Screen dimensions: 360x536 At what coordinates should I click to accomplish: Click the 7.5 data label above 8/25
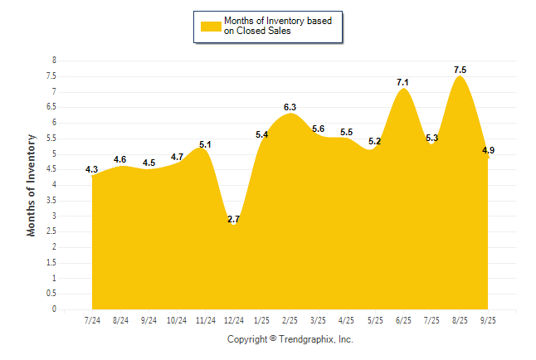coord(460,70)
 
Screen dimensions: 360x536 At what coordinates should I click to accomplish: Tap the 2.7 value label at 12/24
coord(233,219)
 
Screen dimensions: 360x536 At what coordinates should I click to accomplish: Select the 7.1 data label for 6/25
coord(403,82)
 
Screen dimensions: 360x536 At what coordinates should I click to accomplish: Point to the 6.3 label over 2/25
coord(290,107)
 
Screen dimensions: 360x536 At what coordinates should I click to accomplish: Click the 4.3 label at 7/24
coord(92,169)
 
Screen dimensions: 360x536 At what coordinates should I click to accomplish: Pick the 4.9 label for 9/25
coord(488,150)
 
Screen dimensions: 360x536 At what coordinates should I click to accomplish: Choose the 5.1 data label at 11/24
coord(205,144)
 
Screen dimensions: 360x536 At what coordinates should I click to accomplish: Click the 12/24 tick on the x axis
coord(233,319)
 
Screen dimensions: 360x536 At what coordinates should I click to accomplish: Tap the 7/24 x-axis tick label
coord(92,319)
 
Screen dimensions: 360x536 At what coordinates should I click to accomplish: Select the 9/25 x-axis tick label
coord(488,319)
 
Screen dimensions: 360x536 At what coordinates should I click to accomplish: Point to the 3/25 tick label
coord(318,319)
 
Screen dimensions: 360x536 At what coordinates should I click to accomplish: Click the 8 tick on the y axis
coord(54,61)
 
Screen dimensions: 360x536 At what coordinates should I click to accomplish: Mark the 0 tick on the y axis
coord(54,309)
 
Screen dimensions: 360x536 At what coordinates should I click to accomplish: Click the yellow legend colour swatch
coord(210,26)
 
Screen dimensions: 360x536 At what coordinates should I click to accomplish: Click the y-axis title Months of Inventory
coord(32,185)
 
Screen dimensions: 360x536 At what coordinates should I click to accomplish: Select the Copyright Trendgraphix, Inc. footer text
coord(290,339)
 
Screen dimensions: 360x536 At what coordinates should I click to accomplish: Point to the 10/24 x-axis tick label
coord(177,319)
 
